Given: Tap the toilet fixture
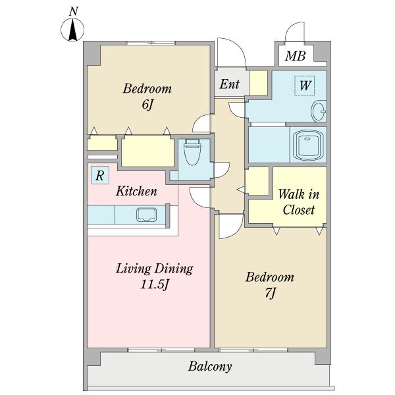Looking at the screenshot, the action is (x=192, y=151).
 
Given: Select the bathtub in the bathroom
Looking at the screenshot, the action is (x=308, y=145).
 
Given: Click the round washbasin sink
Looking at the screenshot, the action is (x=319, y=111).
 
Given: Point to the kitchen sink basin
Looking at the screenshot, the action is (x=146, y=215).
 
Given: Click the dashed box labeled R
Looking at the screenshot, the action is (x=100, y=175).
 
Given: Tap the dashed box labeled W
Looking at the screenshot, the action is (x=305, y=86).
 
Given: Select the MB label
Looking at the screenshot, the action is (x=295, y=56).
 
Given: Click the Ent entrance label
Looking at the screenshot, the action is (x=229, y=84).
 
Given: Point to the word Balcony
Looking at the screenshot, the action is (x=210, y=367).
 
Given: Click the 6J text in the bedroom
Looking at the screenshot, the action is (x=147, y=105).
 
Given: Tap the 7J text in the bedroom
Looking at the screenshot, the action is (x=271, y=293).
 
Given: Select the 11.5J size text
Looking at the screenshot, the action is (x=154, y=285).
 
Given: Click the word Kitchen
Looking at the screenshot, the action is (x=136, y=191).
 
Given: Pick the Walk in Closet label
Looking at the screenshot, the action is (x=298, y=202).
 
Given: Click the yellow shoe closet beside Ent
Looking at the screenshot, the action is (x=259, y=83).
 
